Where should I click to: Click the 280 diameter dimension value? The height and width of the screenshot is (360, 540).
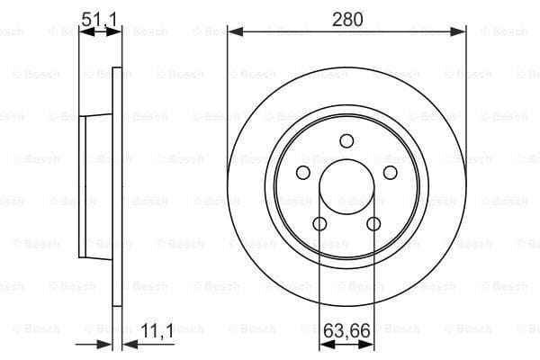tap(347, 19)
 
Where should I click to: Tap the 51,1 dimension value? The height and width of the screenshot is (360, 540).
tap(99, 19)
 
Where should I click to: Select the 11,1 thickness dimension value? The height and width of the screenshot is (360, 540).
tap(157, 331)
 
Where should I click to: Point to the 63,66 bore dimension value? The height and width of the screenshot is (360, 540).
tap(346, 331)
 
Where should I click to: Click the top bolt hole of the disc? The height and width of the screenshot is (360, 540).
tap(346, 141)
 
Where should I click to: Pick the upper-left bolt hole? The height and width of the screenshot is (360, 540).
tap(303, 172)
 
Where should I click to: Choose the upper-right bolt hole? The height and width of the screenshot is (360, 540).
tap(391, 172)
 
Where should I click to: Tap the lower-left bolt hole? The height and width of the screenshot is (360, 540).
tap(319, 224)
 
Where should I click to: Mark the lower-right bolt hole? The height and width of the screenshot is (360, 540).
tap(373, 224)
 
